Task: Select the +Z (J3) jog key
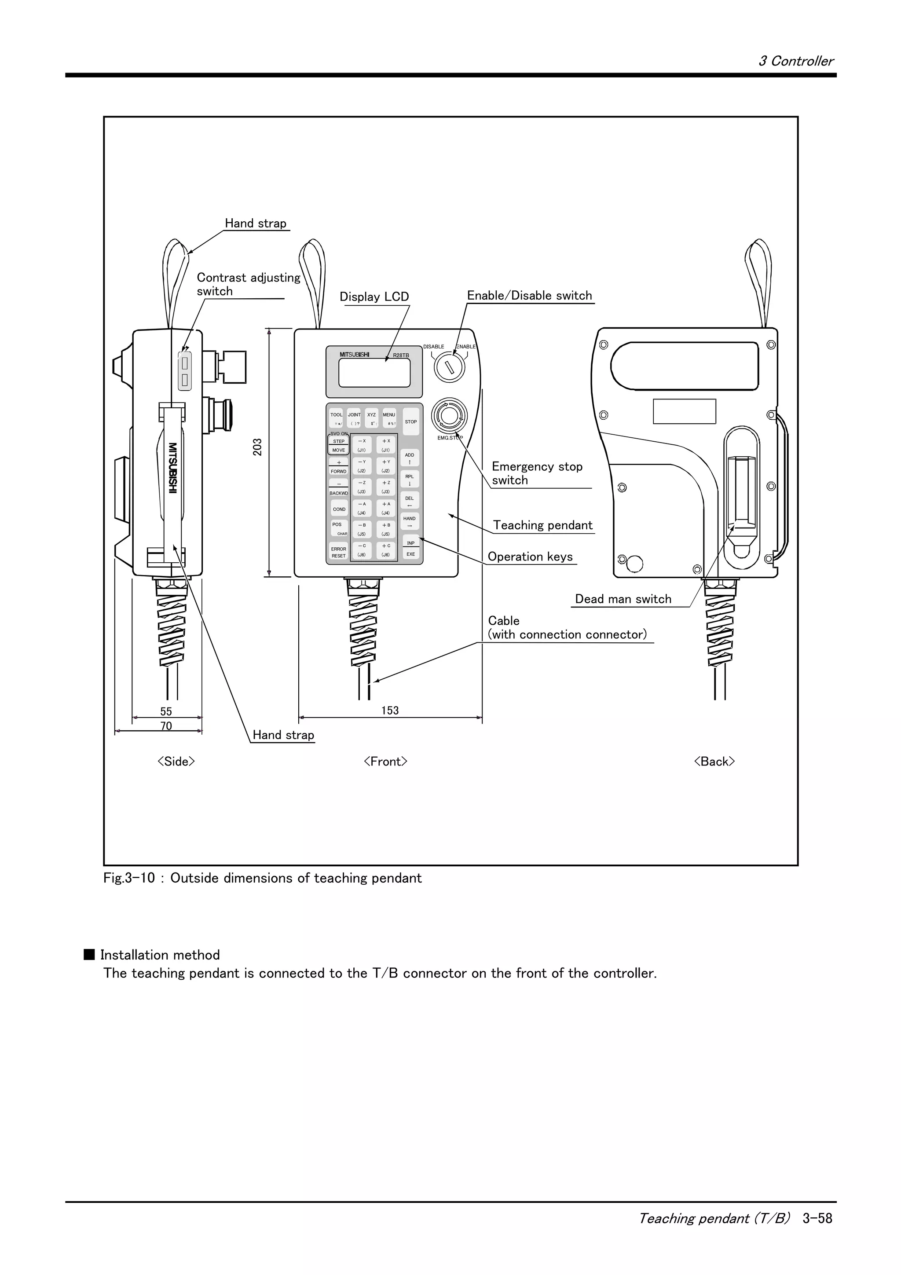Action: coord(386,487)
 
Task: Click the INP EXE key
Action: coord(411,549)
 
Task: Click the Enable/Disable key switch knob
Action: coord(449,366)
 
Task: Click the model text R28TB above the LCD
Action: coord(401,355)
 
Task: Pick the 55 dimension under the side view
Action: coord(166,711)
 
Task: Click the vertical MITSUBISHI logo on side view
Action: coord(172,468)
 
